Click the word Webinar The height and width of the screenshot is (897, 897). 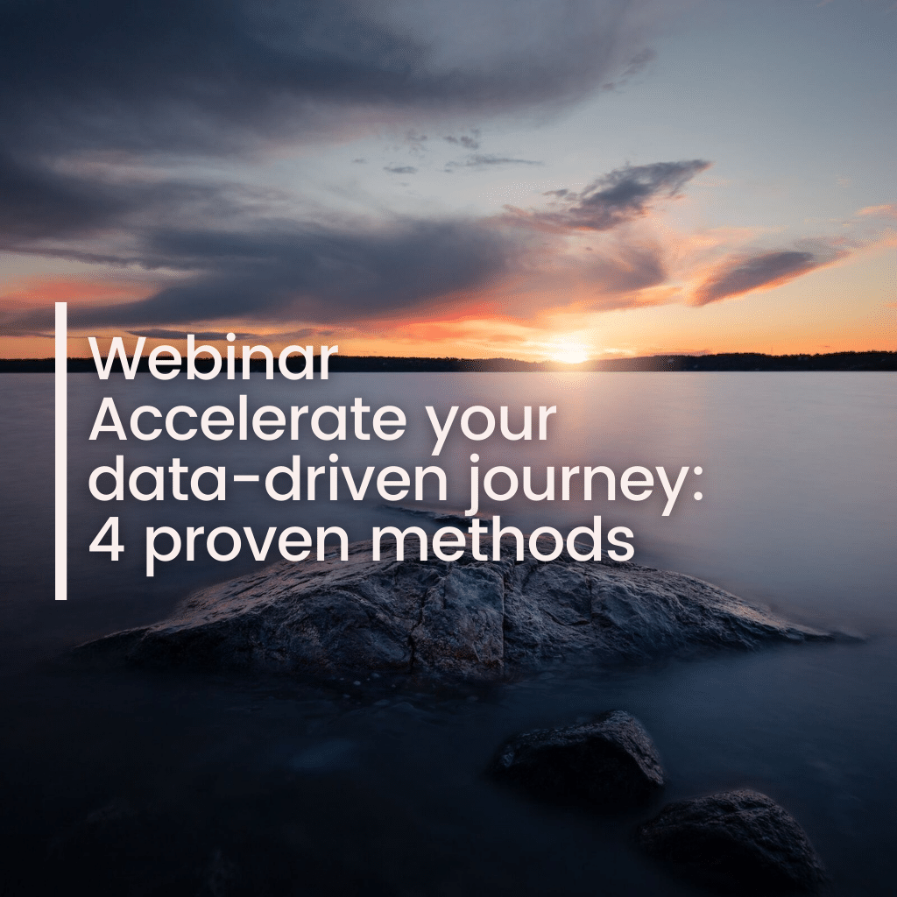213,358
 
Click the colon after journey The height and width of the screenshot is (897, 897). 697,485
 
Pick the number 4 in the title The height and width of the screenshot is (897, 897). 106,540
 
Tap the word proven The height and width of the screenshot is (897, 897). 247,546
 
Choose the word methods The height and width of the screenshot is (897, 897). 503,539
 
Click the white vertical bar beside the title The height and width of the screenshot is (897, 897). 60,451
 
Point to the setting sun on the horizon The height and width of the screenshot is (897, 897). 569,350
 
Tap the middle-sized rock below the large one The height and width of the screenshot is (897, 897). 579,751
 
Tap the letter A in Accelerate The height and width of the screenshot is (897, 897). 108,420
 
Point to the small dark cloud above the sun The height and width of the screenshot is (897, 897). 612,194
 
